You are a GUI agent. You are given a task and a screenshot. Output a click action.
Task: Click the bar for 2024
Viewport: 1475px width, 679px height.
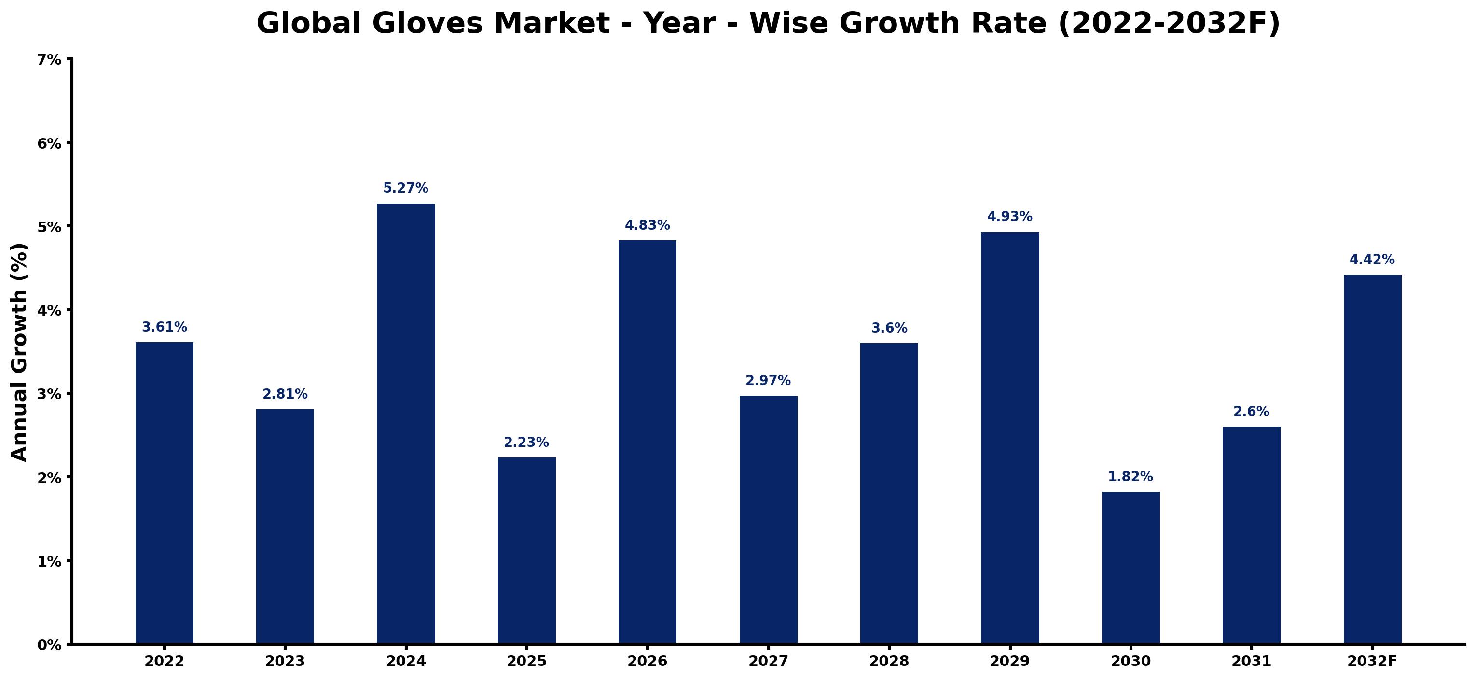[405, 423]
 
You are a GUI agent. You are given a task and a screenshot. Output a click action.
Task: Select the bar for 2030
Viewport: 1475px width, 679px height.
[1130, 568]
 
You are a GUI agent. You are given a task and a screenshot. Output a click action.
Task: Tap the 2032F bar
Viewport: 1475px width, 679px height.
[1373, 458]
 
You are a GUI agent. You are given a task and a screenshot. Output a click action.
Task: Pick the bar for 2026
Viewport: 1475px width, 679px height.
[647, 442]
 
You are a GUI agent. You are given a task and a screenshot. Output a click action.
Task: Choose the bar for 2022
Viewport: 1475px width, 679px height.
[165, 492]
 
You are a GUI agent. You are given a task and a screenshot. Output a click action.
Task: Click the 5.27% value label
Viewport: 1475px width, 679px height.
[405, 188]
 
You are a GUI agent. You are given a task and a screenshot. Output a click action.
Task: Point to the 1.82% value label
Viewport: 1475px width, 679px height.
[1130, 477]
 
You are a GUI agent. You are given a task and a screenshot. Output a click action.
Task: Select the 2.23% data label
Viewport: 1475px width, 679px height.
[526, 443]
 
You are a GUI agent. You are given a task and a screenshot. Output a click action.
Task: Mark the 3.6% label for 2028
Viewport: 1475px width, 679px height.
[889, 328]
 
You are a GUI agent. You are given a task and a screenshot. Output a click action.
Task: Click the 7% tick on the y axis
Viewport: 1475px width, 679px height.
[49, 59]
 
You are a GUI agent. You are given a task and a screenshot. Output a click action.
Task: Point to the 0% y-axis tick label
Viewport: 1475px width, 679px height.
[49, 645]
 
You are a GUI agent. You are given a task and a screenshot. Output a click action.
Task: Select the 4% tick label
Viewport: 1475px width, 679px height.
[49, 310]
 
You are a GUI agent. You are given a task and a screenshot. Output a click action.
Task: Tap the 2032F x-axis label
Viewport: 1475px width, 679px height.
[1373, 661]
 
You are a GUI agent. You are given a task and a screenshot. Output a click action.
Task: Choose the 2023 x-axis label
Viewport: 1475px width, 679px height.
[285, 661]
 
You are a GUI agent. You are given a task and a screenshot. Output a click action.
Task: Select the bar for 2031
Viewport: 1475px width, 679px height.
[1251, 535]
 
